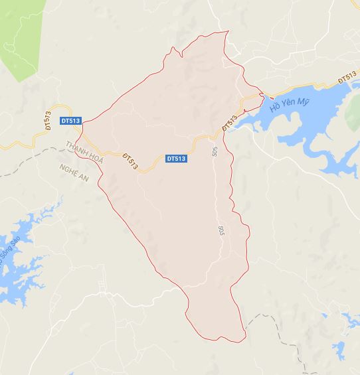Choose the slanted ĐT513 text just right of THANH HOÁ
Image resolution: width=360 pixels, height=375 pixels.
click(x=130, y=160)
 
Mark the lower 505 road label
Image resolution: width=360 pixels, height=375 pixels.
click(x=220, y=232)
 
